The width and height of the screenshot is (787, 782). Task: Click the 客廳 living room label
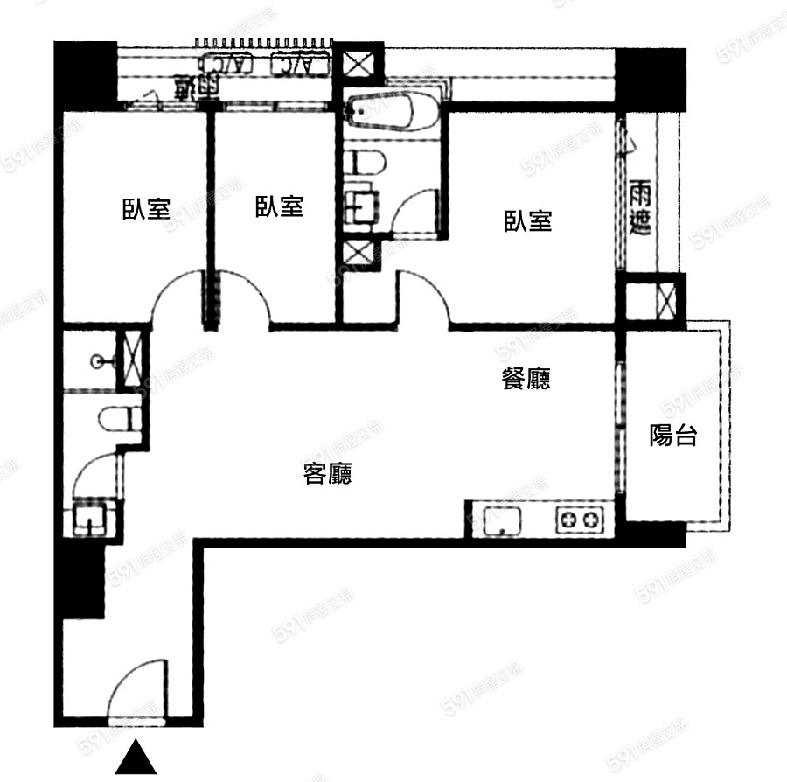coord(327,474)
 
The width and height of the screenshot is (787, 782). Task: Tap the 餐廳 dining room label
coord(526,379)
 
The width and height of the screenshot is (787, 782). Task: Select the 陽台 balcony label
coord(673,435)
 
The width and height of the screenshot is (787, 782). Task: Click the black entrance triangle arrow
coord(136,758)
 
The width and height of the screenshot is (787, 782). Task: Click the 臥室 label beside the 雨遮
coord(527,220)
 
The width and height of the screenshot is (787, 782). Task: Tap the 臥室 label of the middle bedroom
coord(279,207)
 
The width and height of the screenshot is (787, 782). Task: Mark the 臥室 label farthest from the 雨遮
coord(145,209)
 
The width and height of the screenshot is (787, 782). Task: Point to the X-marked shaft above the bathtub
coord(359,63)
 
